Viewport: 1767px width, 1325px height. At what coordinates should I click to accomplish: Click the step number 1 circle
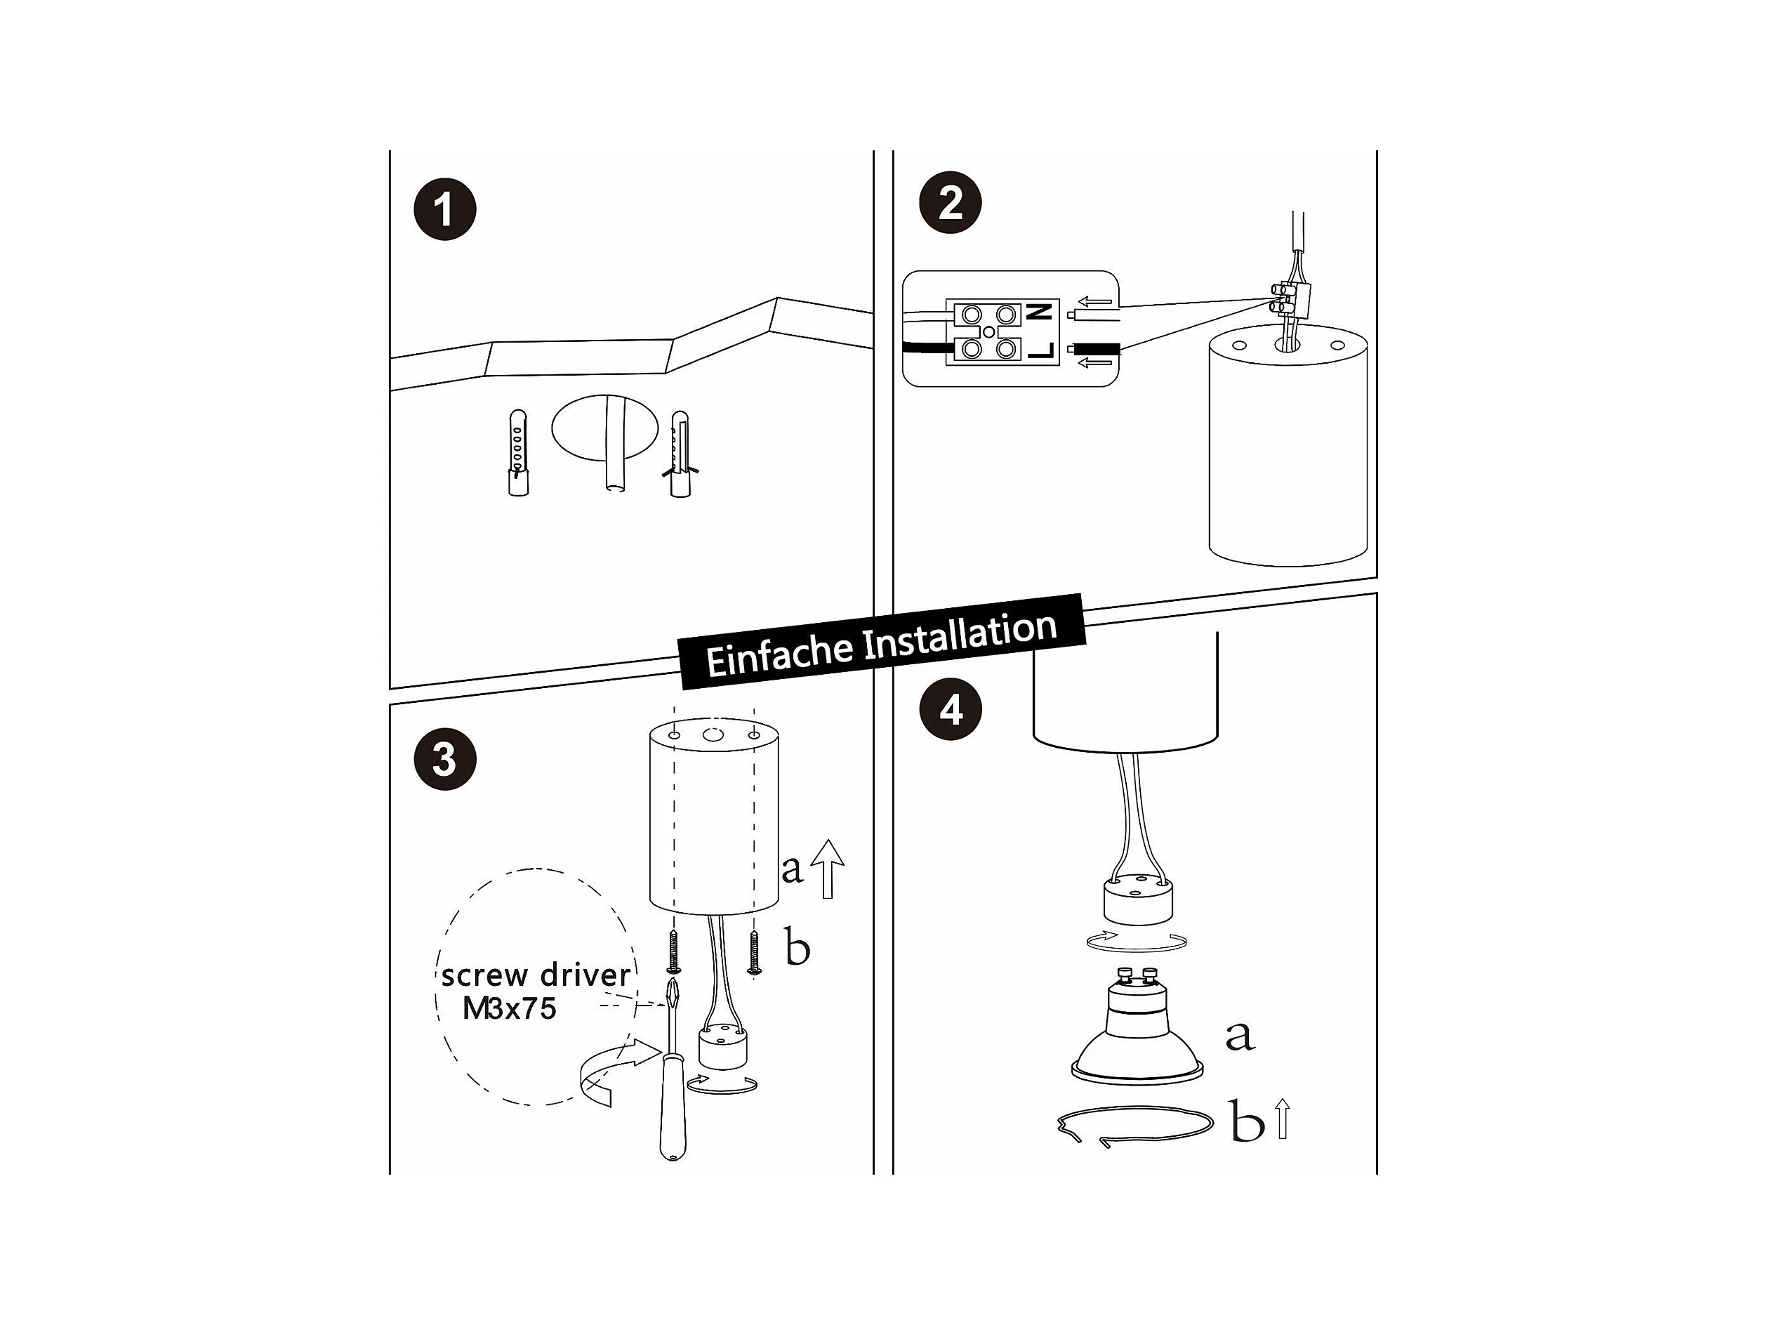pos(445,209)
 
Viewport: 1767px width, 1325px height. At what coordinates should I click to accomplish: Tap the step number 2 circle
pos(950,203)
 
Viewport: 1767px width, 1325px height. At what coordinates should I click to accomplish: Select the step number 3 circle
pos(445,759)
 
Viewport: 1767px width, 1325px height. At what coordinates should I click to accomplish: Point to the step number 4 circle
pos(951,709)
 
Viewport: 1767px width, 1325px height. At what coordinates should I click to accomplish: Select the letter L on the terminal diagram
pos(1042,350)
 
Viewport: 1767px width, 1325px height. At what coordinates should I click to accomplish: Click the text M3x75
pos(510,1009)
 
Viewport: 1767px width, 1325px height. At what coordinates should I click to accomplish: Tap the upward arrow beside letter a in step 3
pos(828,869)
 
